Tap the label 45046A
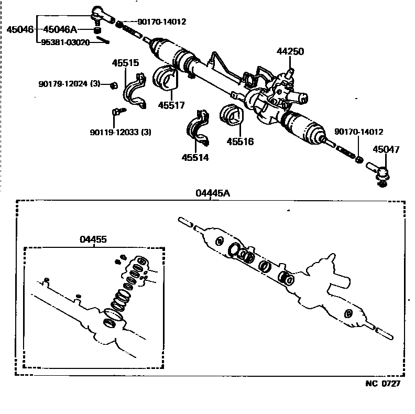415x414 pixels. click(59, 30)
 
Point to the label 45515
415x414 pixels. click(126, 63)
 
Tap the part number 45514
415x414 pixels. click(195, 157)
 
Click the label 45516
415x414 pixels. click(240, 141)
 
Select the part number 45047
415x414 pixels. click(386, 149)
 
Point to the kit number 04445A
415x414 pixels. click(212, 193)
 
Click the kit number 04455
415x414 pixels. click(93, 239)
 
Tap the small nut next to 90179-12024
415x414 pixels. click(113, 85)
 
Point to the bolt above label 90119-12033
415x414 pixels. click(117, 112)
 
